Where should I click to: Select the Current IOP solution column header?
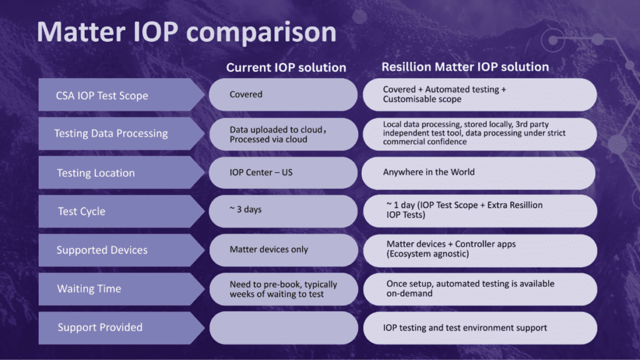pos(286,67)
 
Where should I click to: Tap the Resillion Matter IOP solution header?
pos(466,67)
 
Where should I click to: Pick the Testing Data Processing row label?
pos(111,133)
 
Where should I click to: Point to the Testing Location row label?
pos(96,173)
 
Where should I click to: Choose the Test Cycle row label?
pos(81,211)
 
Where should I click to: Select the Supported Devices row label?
pos(102,250)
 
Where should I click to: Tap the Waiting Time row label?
pos(89,289)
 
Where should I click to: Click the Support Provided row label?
pos(100,327)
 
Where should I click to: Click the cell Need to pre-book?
pos(283,289)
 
